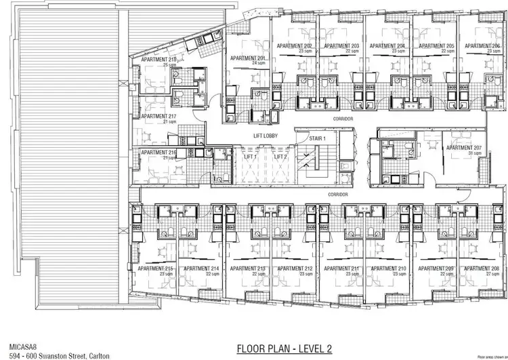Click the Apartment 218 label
[x=159, y=60]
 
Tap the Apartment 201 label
[x=249, y=59]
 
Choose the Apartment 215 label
[x=156, y=268]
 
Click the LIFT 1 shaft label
[x=251, y=157]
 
